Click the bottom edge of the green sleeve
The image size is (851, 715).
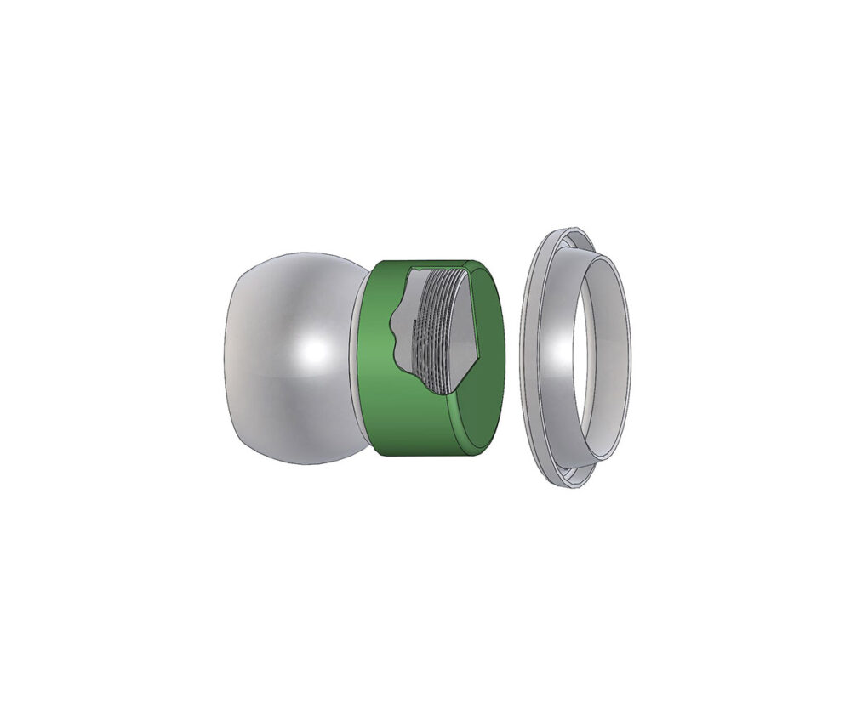coord(417,452)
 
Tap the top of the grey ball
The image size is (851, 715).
coord(289,255)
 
